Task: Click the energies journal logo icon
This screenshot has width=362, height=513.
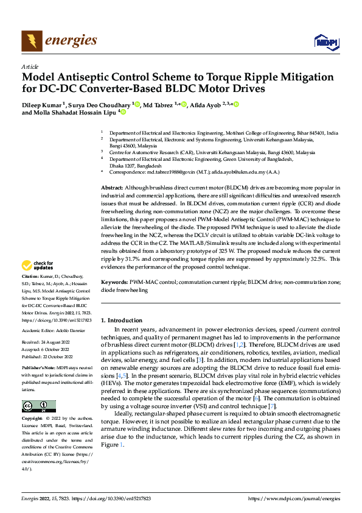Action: point(32,41)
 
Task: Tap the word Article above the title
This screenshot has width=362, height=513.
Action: point(30,66)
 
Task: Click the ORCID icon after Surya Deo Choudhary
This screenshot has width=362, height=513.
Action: point(137,105)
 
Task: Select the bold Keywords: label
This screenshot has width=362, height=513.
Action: point(114,283)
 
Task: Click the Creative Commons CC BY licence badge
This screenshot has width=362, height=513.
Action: point(38,406)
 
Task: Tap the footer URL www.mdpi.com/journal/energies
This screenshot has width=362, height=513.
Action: point(294,498)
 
